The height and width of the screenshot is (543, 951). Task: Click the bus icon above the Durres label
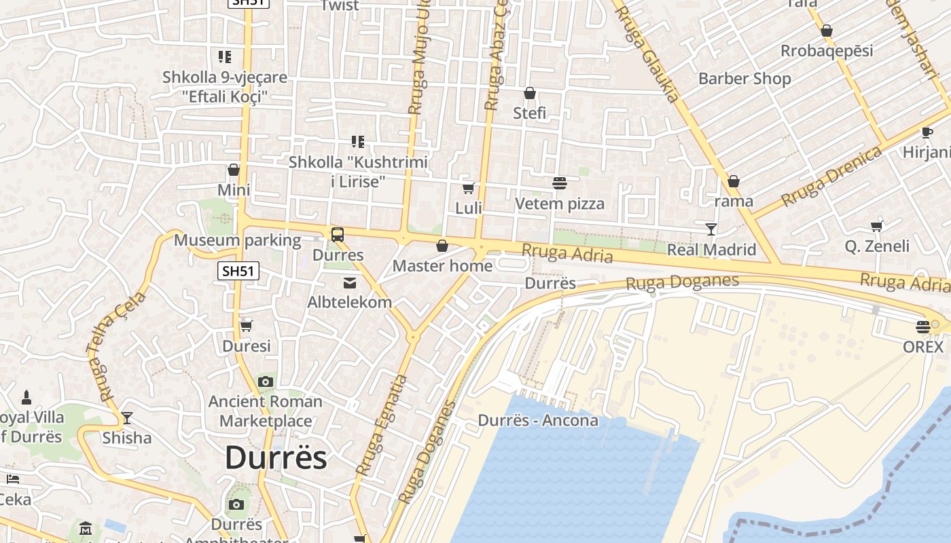338,235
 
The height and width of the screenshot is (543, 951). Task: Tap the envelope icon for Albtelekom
350,282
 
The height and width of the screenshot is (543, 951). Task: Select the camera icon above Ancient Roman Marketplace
266,381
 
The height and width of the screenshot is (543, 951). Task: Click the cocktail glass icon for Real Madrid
711,229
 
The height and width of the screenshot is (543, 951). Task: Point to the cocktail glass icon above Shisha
126,417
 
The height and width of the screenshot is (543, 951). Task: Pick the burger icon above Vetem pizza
560,183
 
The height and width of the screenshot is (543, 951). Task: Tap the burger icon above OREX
922,326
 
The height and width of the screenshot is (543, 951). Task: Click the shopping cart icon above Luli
468,187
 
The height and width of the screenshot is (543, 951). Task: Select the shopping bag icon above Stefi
530,93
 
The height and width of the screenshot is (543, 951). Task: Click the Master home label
442,266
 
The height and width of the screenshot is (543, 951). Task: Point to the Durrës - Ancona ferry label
538,420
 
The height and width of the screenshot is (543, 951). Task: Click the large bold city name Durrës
276,457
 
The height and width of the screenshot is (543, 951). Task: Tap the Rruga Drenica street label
831,176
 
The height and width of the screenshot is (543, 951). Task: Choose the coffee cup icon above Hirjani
927,133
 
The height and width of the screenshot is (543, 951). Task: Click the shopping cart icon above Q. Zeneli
876,226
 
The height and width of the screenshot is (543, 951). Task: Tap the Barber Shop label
744,79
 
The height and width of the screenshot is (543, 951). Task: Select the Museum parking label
237,240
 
